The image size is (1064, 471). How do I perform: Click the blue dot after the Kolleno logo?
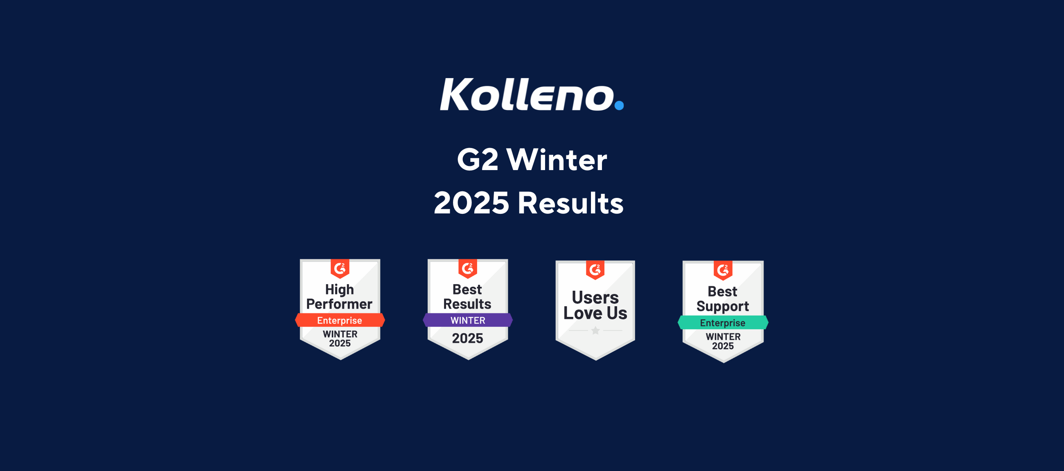click(619, 105)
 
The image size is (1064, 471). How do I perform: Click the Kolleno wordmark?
click(527, 94)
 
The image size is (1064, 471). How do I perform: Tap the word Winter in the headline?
click(557, 160)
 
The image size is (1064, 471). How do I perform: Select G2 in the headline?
click(478, 160)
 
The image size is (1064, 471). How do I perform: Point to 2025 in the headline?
click(471, 203)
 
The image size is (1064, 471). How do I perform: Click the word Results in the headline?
click(570, 203)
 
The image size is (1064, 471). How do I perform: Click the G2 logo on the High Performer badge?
click(340, 268)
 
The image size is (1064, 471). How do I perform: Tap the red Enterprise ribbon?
click(340, 320)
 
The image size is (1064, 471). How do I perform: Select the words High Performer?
click(340, 297)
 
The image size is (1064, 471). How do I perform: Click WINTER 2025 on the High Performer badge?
click(340, 339)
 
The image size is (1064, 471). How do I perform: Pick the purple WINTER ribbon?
click(468, 320)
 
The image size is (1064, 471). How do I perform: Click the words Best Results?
click(467, 297)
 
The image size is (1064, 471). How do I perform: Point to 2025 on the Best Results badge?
click(467, 339)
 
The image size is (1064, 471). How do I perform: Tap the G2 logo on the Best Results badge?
click(468, 268)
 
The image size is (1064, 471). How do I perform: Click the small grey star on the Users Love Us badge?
click(595, 330)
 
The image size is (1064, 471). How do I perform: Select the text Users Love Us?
click(595, 305)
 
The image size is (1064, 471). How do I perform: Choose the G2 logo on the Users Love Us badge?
click(595, 269)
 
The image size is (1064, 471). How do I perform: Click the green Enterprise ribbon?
click(723, 323)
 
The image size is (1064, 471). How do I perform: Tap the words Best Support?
click(722, 299)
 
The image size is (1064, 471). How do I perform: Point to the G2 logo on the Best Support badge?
click(723, 270)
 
